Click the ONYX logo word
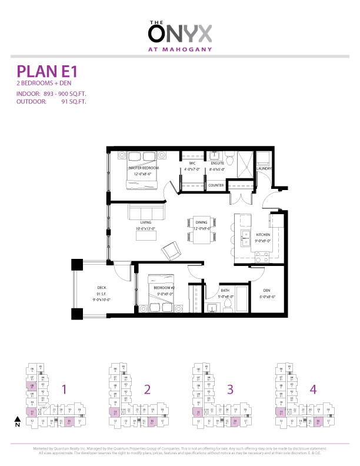point(179,33)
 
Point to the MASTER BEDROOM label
point(144,168)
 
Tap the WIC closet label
point(192,164)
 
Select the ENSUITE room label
point(217,164)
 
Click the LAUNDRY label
point(264,169)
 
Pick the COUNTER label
point(216,185)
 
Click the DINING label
point(202,222)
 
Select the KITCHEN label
point(263,235)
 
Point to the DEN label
point(267,291)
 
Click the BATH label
point(225,291)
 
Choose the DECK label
point(101,288)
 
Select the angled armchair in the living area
point(172,251)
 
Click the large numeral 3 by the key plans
point(230,389)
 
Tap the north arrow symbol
point(17,421)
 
